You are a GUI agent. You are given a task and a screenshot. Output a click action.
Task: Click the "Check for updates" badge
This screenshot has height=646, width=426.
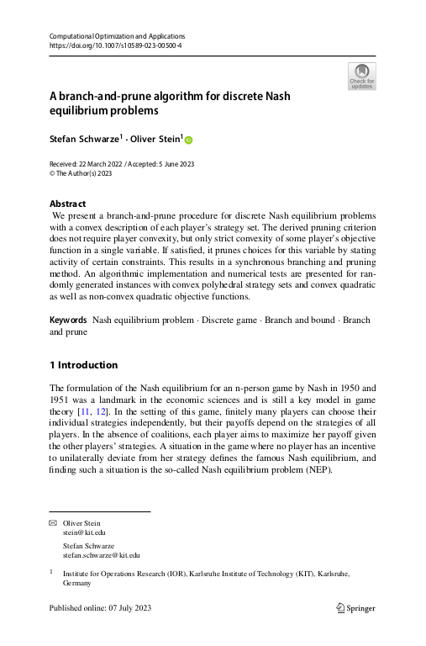pyautogui.click(x=361, y=76)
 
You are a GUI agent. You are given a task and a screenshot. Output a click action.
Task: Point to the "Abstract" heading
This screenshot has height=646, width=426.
pyautogui.click(x=67, y=204)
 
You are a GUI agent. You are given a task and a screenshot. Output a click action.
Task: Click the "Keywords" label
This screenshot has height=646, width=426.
pyautogui.click(x=68, y=320)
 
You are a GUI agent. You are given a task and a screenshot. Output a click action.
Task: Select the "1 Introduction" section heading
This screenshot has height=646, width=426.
pyautogui.click(x=83, y=365)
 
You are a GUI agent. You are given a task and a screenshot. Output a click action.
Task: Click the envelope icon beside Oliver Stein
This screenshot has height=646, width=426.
pyautogui.click(x=53, y=523)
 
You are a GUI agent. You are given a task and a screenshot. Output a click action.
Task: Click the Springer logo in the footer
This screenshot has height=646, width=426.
pyautogui.click(x=355, y=608)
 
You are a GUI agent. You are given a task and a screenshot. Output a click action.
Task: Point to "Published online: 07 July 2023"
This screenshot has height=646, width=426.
pyautogui.click(x=101, y=608)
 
